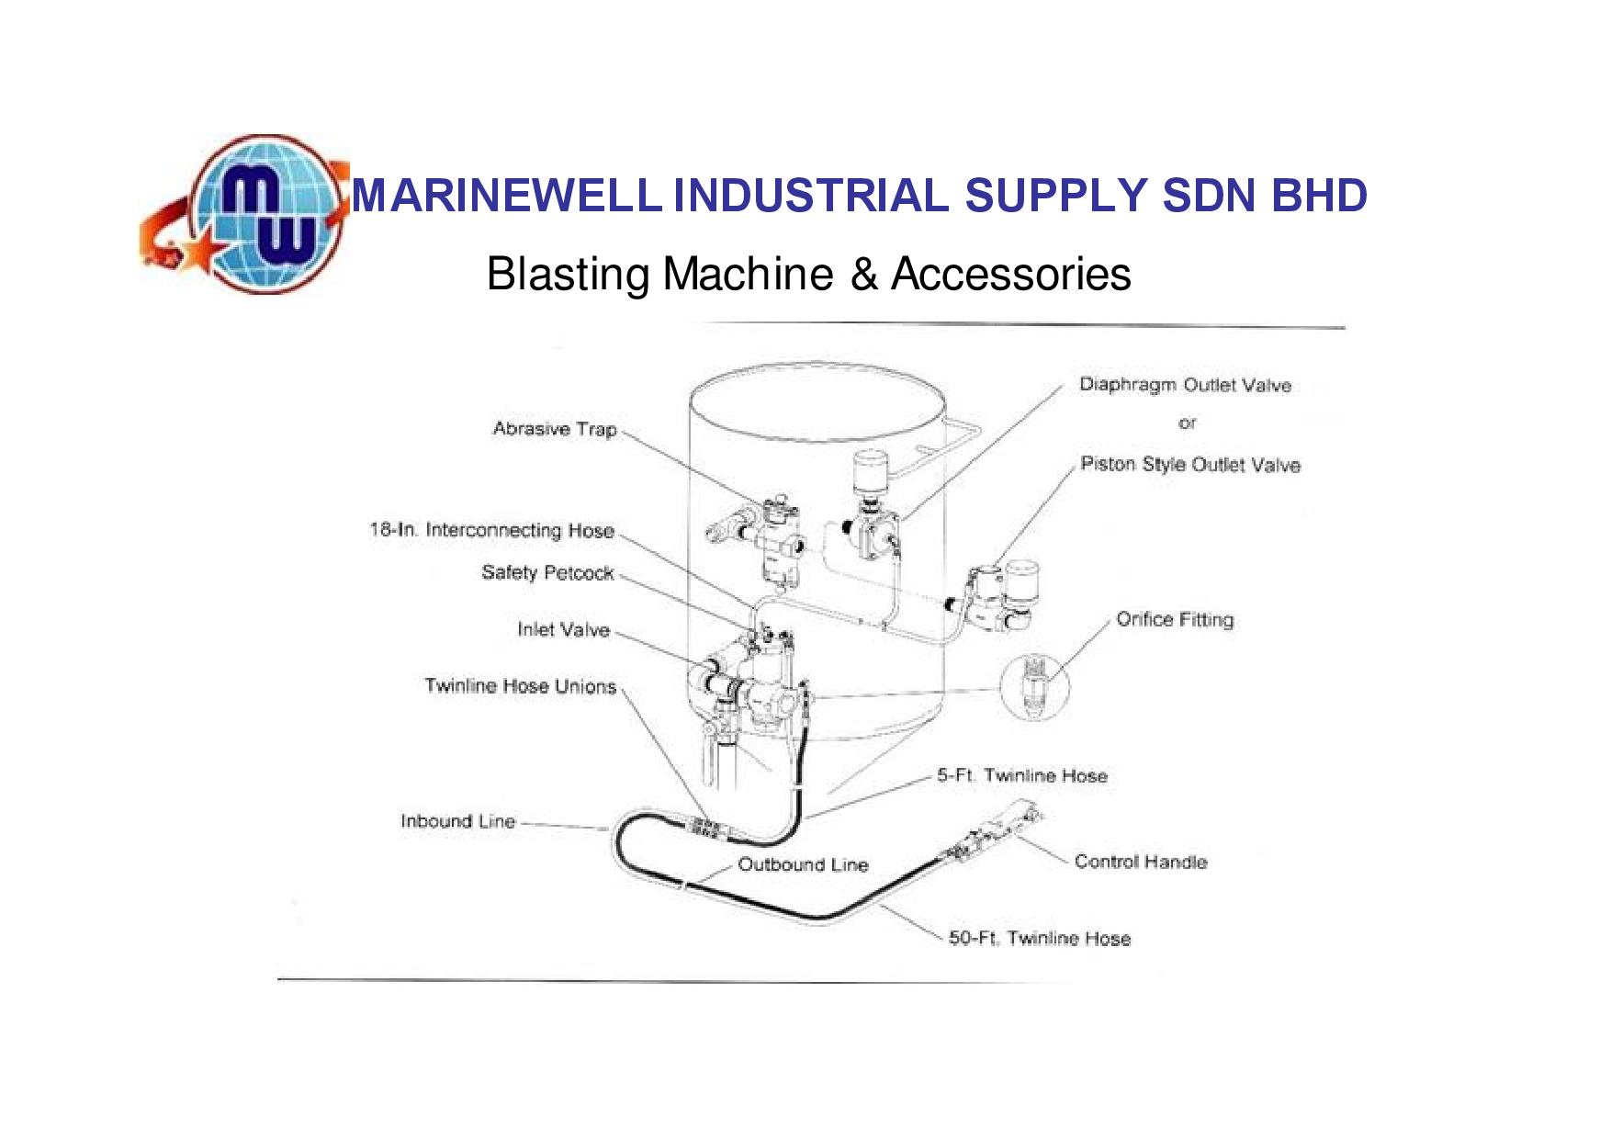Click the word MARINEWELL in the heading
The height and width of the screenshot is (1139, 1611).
pyautogui.click(x=507, y=196)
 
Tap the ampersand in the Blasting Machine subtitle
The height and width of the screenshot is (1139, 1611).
pyautogui.click(x=863, y=274)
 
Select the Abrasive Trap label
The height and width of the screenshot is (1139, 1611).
pyautogui.click(x=555, y=429)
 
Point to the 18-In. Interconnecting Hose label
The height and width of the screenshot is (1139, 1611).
pyautogui.click(x=491, y=530)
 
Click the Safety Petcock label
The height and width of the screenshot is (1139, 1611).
pyautogui.click(x=547, y=572)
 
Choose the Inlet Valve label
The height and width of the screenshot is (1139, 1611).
pyautogui.click(x=563, y=629)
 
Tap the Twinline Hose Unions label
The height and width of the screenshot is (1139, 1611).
pyautogui.click(x=520, y=686)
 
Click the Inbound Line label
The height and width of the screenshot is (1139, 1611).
pyautogui.click(x=457, y=821)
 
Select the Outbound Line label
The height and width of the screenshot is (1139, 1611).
pyautogui.click(x=803, y=864)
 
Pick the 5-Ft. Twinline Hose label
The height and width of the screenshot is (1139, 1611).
pyautogui.click(x=1022, y=775)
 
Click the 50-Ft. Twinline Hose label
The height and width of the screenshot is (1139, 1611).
pyautogui.click(x=1040, y=938)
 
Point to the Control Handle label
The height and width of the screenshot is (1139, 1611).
pyautogui.click(x=1141, y=862)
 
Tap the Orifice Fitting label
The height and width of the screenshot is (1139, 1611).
pyautogui.click(x=1175, y=619)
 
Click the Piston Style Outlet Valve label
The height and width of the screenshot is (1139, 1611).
pyautogui.click(x=1190, y=465)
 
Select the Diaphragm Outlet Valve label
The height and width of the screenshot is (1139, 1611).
pyautogui.click(x=1185, y=385)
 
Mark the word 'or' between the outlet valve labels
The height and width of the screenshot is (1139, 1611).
pyautogui.click(x=1188, y=423)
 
